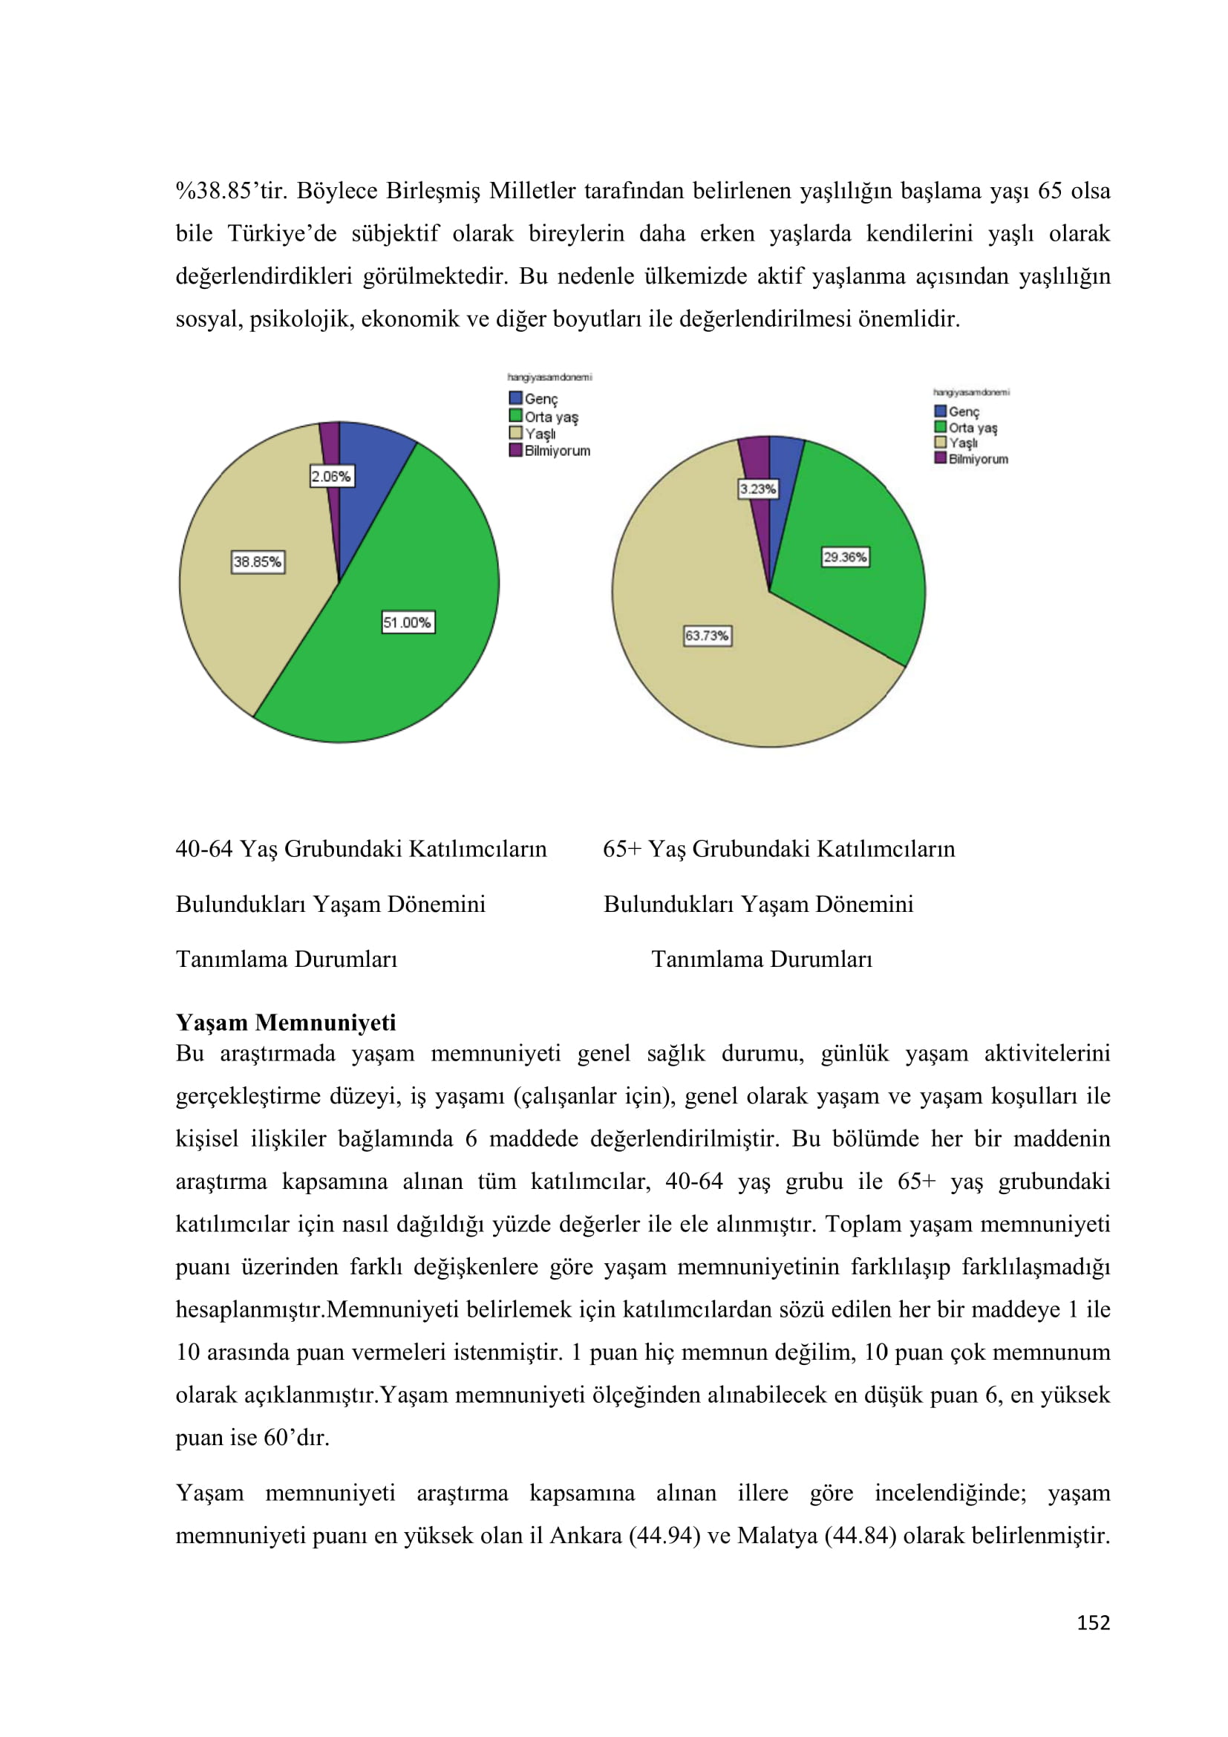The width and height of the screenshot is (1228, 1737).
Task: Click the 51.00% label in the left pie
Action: click(x=408, y=622)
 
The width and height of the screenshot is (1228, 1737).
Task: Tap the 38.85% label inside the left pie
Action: click(x=258, y=561)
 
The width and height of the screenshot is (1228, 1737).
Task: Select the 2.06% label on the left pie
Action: click(x=331, y=477)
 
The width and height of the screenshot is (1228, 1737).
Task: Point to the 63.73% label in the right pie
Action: click(x=707, y=636)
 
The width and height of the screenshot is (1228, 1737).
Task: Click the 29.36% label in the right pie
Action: click(x=846, y=558)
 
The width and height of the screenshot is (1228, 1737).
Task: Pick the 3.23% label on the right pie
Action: click(x=758, y=489)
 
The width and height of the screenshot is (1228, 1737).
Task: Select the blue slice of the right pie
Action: click(x=783, y=466)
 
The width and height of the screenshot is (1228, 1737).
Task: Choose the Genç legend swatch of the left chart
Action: click(x=516, y=398)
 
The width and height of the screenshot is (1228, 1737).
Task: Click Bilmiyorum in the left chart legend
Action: click(x=558, y=451)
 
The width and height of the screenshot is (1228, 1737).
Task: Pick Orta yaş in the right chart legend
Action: click(x=973, y=428)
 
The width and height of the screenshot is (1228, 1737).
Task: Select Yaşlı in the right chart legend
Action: click(x=964, y=443)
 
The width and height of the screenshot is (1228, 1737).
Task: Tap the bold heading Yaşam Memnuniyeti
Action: click(x=286, y=1023)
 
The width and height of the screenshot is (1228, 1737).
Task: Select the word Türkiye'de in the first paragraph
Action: click(x=282, y=234)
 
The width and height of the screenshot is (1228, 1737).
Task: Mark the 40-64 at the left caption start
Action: click(x=204, y=849)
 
